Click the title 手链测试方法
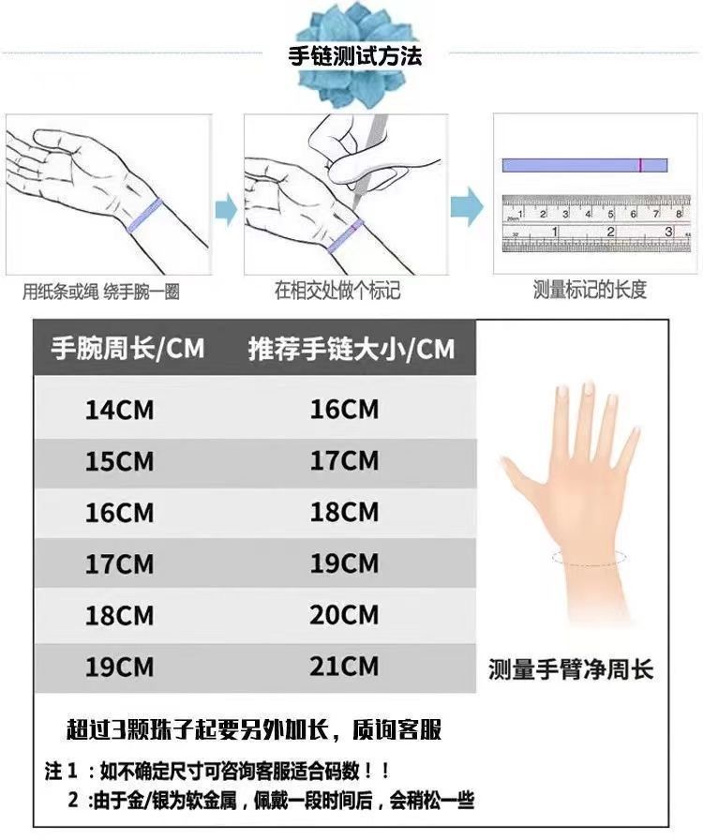pyautogui.click(x=354, y=55)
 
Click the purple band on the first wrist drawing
pyautogui.click(x=144, y=216)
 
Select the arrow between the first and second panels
pyautogui.click(x=226, y=209)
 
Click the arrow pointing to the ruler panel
pyautogui.click(x=467, y=206)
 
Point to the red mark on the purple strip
pyautogui.click(x=640, y=165)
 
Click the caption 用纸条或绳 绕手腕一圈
pyautogui.click(x=100, y=292)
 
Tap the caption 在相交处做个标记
pyautogui.click(x=337, y=291)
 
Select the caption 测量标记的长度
pyautogui.click(x=590, y=290)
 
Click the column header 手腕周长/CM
pyautogui.click(x=128, y=348)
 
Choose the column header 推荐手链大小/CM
pyautogui.click(x=351, y=348)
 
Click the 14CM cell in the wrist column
pyautogui.click(x=119, y=410)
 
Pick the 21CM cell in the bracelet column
pyautogui.click(x=344, y=667)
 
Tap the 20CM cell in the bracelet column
pyautogui.click(x=344, y=615)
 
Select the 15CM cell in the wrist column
pyautogui.click(x=119, y=461)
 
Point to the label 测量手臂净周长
pyautogui.click(x=571, y=669)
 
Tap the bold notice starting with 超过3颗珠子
pyautogui.click(x=255, y=729)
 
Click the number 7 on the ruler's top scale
pyautogui.click(x=656, y=214)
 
